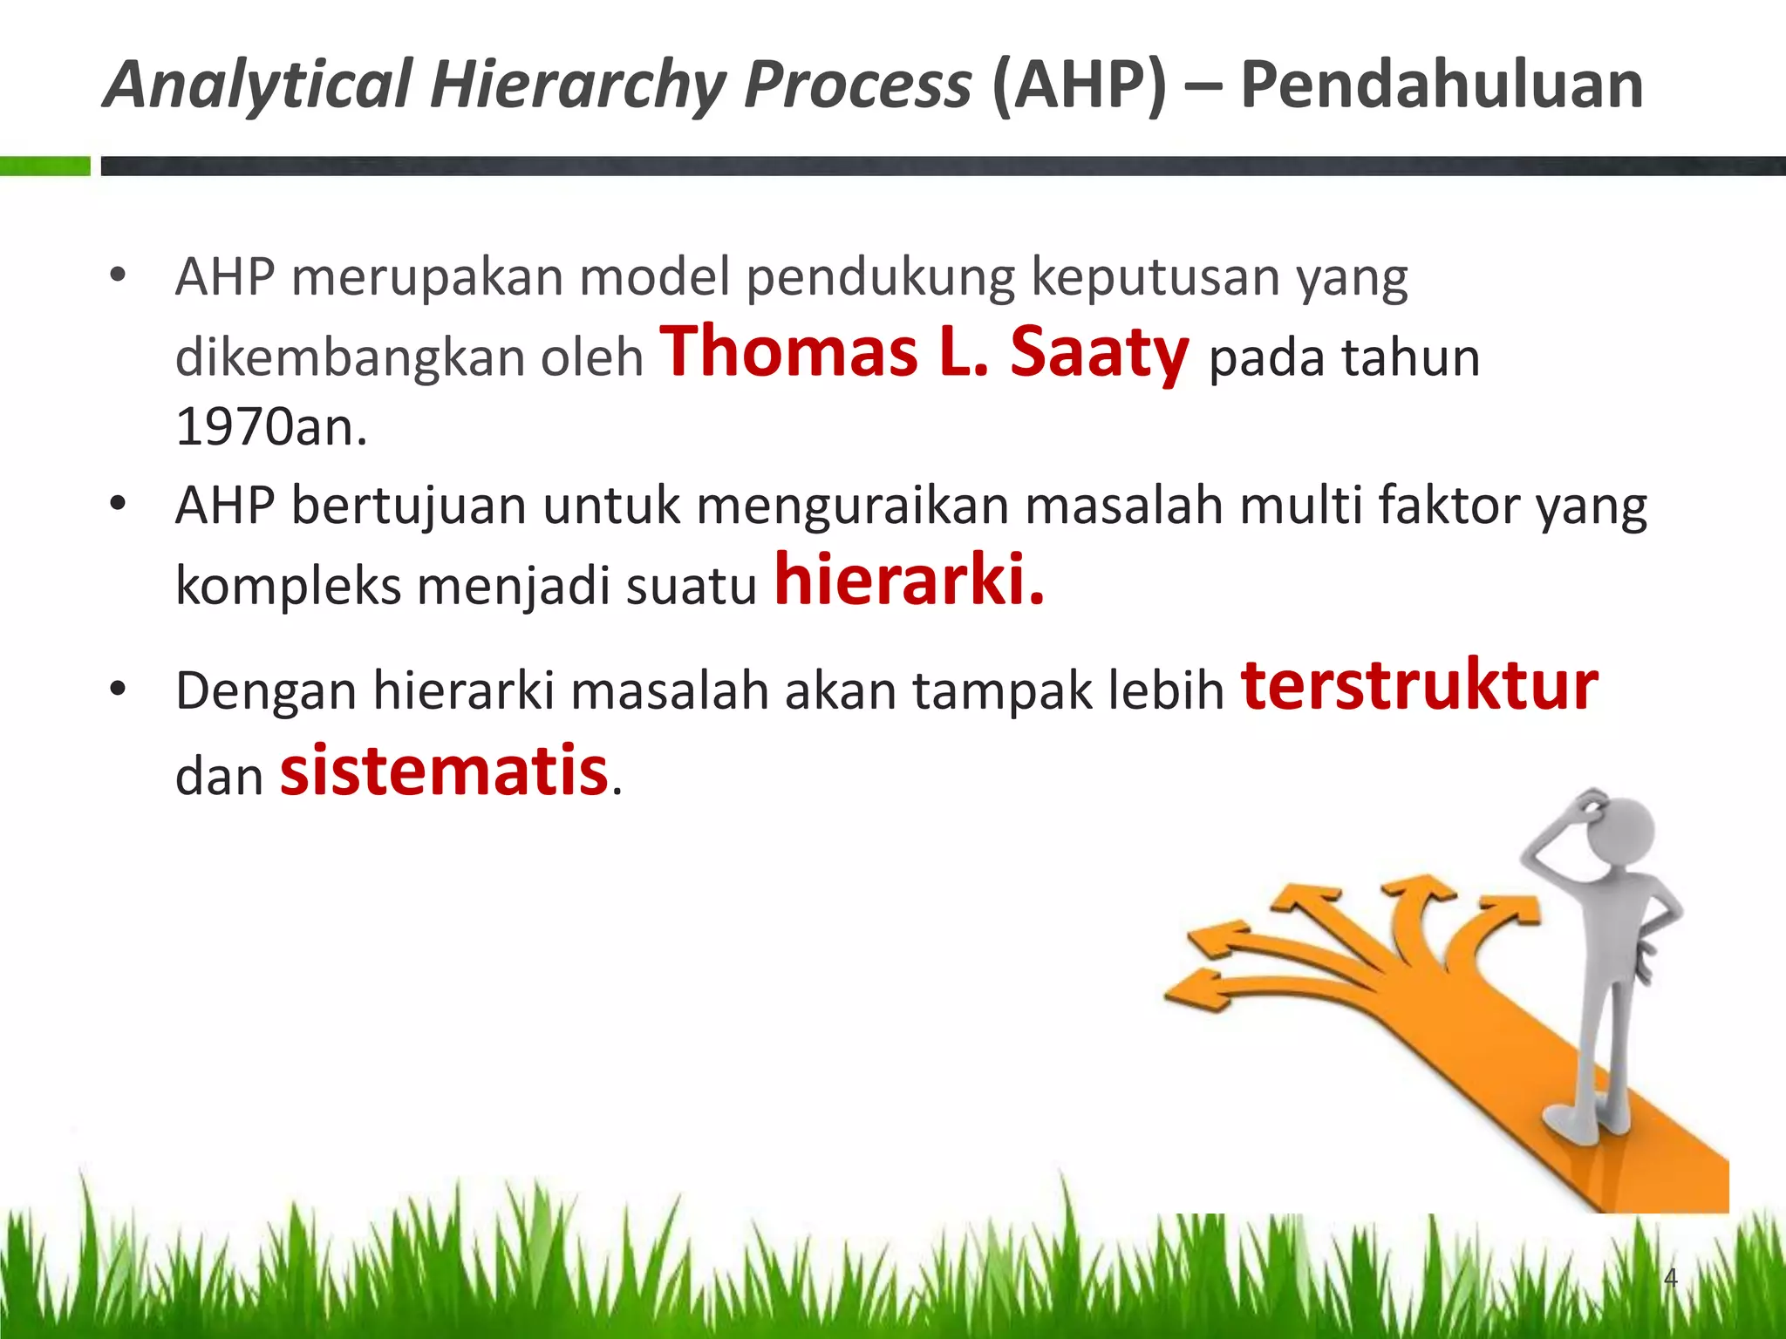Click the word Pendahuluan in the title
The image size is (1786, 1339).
pyautogui.click(x=1441, y=85)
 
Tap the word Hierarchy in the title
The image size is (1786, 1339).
pyautogui.click(x=577, y=85)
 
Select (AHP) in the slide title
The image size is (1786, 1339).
pyautogui.click(x=1078, y=85)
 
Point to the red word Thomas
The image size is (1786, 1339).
pyautogui.click(x=788, y=352)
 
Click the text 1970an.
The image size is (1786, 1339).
pyautogui.click(x=271, y=427)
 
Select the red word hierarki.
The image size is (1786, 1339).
pyautogui.click(x=909, y=581)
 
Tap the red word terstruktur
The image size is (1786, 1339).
pyautogui.click(x=1419, y=687)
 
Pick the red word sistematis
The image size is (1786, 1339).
pyautogui.click(x=443, y=771)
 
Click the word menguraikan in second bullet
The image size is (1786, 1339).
pyautogui.click(x=852, y=506)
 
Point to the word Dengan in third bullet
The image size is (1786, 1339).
pyautogui.click(x=266, y=692)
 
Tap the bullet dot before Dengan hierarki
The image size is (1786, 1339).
pyautogui.click(x=118, y=690)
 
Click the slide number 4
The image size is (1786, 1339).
pyautogui.click(x=1670, y=1278)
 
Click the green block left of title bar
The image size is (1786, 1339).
pyautogui.click(x=44, y=166)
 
